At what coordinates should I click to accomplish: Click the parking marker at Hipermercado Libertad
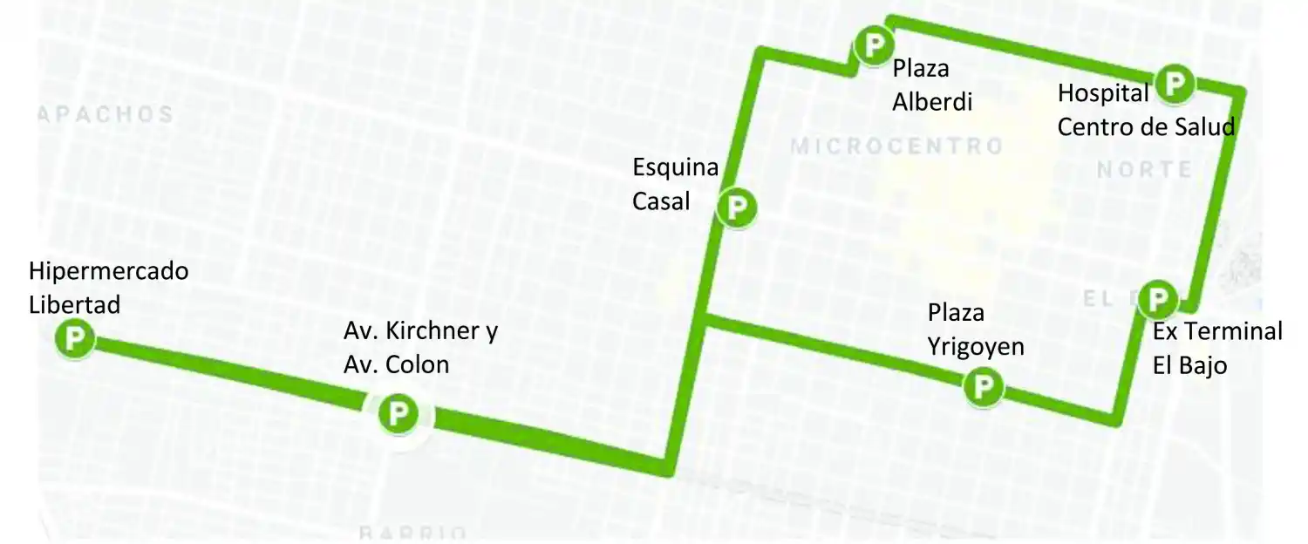(75, 339)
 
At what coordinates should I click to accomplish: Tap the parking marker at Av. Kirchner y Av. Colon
(399, 412)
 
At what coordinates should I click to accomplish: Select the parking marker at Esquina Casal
(737, 207)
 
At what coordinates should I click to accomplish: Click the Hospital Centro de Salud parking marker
(1175, 84)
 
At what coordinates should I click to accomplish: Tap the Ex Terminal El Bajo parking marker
(1158, 300)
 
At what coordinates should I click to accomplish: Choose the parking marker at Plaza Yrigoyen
(984, 384)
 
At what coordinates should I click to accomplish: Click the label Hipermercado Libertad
(108, 288)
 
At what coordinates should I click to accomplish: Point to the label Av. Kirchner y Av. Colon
(421, 347)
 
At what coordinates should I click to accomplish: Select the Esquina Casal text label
(676, 184)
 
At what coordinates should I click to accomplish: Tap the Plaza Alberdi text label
(931, 85)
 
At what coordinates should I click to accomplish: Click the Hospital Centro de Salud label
(1146, 110)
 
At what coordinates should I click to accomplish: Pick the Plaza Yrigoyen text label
(976, 329)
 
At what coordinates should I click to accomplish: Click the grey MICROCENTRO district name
(897, 146)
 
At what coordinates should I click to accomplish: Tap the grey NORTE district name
(1143, 170)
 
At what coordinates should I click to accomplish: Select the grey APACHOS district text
(106, 114)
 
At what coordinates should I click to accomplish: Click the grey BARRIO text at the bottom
(413, 533)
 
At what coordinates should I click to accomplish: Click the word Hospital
(1103, 92)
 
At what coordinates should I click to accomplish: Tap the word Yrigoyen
(976, 346)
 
